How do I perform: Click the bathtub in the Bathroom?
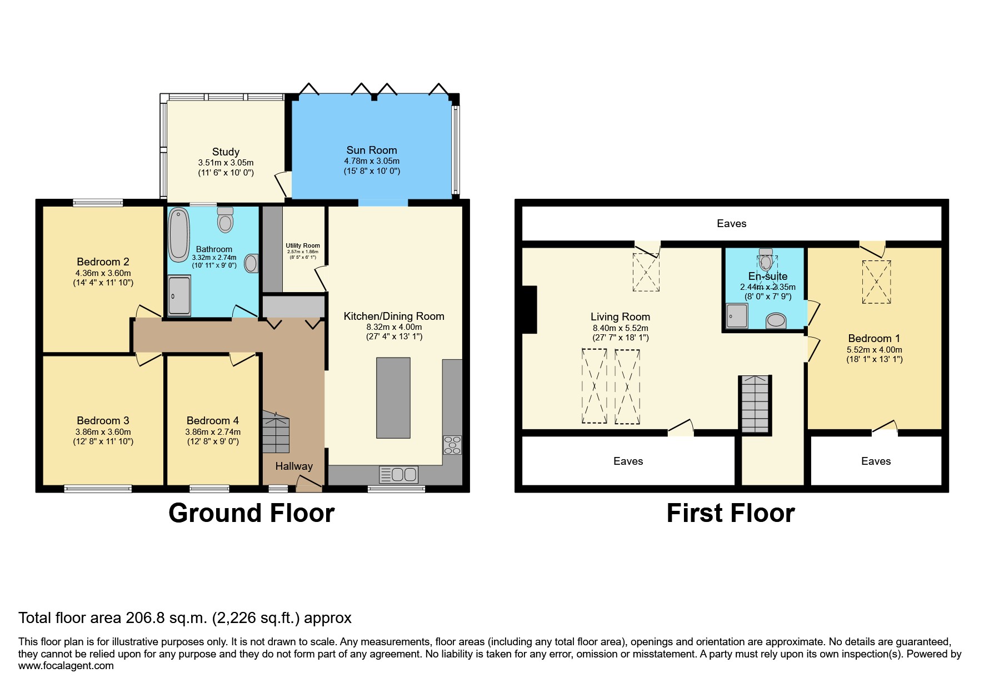click(179, 234)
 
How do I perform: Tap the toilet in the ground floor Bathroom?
click(225, 220)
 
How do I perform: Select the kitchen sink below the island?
click(398, 475)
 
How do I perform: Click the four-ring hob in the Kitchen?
click(452, 445)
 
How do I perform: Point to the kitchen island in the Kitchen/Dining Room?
click(393, 398)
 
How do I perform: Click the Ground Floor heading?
click(251, 513)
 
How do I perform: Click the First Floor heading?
click(730, 513)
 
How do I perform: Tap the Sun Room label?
click(371, 150)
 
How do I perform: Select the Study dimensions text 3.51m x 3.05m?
click(226, 163)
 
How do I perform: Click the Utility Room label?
click(303, 245)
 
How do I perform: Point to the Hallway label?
click(294, 466)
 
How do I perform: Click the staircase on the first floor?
click(755, 404)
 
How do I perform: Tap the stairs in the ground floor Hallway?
click(276, 432)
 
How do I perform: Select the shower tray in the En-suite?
click(737, 316)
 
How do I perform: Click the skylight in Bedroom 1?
click(876, 282)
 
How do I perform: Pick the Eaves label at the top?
click(731, 224)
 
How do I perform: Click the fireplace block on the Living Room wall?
click(530, 309)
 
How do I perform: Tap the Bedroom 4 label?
click(212, 421)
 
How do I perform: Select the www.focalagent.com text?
click(66, 666)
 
